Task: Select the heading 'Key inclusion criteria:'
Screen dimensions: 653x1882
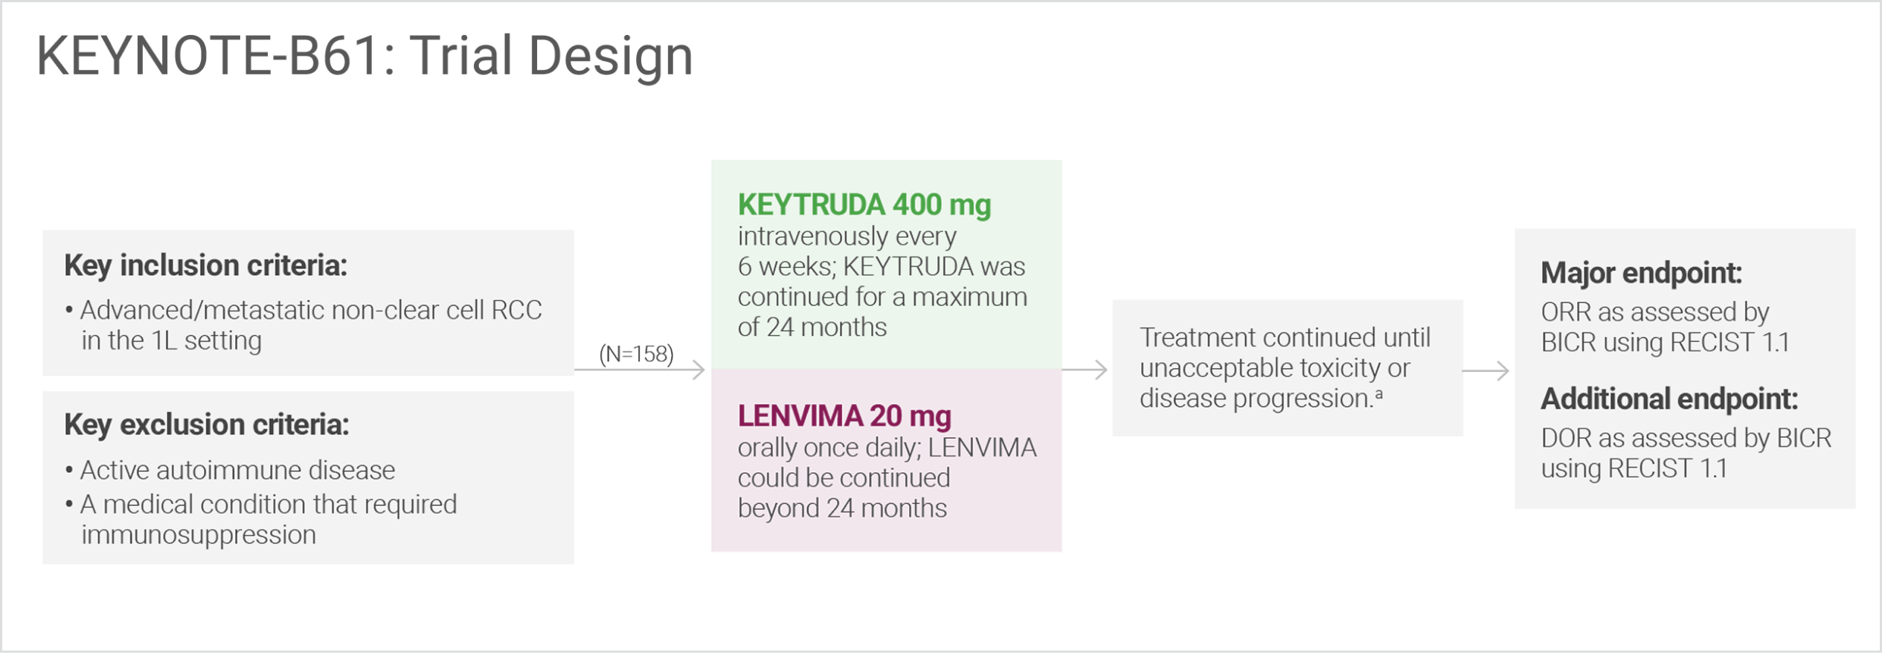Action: click(205, 266)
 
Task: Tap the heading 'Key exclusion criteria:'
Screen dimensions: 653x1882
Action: click(206, 425)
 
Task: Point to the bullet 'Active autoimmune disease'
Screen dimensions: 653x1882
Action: click(237, 470)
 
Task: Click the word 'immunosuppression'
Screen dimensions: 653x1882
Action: click(199, 535)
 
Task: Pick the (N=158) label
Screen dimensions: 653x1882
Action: click(637, 354)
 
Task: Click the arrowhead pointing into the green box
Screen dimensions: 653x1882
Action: click(698, 370)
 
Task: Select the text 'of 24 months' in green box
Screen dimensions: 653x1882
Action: click(812, 327)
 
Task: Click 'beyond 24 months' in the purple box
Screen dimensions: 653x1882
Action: click(842, 509)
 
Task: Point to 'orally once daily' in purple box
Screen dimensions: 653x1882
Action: click(818, 448)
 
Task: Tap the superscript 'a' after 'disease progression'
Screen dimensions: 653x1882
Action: click(1378, 394)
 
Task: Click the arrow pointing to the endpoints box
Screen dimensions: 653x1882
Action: click(1488, 370)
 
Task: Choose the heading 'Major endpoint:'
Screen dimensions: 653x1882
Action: click(1641, 273)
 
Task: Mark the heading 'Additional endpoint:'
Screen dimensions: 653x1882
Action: click(1669, 399)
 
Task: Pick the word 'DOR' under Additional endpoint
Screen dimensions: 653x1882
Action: click(1566, 439)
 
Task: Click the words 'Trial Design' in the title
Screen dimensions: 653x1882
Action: click(551, 57)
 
